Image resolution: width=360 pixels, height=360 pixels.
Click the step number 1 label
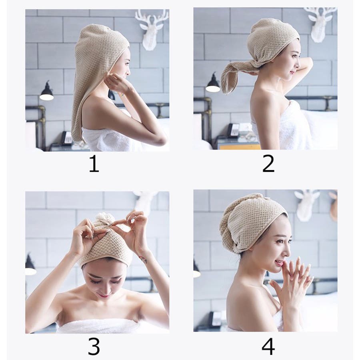[x=94, y=164]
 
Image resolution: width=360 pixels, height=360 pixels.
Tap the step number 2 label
[x=268, y=164]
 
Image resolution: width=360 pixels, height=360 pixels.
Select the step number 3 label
[x=94, y=346]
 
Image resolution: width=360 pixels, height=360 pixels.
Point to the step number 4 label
[x=268, y=346]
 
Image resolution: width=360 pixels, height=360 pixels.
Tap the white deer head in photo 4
[x=306, y=204]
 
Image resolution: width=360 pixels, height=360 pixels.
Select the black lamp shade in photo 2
[x=213, y=84]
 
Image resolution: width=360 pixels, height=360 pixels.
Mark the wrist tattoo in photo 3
[x=143, y=260]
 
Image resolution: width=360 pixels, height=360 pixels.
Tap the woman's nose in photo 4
[x=288, y=252]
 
